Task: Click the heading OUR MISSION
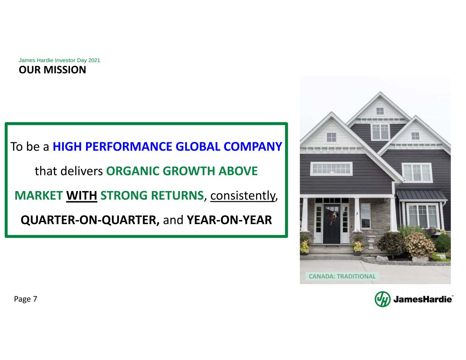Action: coord(52,70)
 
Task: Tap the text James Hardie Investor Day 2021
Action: coord(59,60)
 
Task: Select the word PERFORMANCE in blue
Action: coord(129,147)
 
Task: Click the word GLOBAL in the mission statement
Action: coord(198,147)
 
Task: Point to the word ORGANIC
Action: coord(133,171)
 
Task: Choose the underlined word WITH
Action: coord(82,196)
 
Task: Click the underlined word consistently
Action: coord(242,196)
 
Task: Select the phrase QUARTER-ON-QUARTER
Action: coord(90,220)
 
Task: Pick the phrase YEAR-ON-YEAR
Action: coord(229,220)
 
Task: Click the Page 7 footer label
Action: coord(26,299)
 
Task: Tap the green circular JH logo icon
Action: coord(383,299)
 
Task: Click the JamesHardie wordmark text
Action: coord(423,299)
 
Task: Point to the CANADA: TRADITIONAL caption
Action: coord(342,276)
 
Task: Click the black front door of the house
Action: coord(331,224)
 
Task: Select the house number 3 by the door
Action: coord(357,214)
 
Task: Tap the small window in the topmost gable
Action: coord(380,111)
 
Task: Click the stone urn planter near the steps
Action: coord(371,242)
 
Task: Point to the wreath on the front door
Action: coord(333,217)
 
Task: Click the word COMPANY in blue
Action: coord(253,147)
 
